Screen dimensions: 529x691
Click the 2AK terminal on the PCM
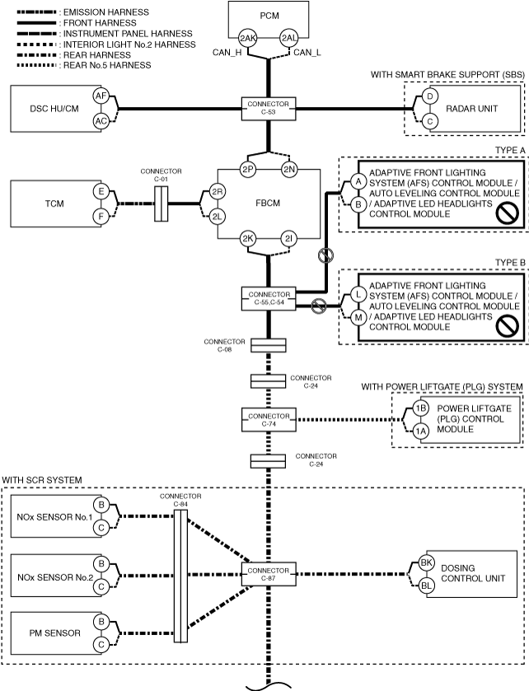(x=248, y=38)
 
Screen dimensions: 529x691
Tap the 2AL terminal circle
(x=289, y=38)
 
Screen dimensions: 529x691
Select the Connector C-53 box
(x=269, y=109)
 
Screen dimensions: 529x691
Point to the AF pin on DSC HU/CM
(x=101, y=96)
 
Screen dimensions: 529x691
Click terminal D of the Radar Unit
(x=430, y=96)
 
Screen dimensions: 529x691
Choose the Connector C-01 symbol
(x=162, y=203)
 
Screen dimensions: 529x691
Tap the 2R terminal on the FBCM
(x=217, y=192)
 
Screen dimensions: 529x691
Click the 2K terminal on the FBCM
(x=248, y=239)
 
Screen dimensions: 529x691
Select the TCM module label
(x=54, y=203)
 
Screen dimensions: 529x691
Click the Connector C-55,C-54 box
(x=269, y=298)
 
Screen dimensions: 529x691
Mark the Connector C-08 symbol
(x=269, y=345)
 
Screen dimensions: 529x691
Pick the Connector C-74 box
(x=269, y=419)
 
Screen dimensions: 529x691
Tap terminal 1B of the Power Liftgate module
(x=420, y=408)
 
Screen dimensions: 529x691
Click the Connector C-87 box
(x=269, y=574)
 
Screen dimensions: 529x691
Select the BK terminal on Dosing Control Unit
(x=426, y=563)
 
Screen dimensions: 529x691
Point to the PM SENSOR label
(x=54, y=633)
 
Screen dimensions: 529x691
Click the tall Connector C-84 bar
(x=180, y=576)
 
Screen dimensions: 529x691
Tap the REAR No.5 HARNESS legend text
(x=107, y=65)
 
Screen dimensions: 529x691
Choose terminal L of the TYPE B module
(x=358, y=294)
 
